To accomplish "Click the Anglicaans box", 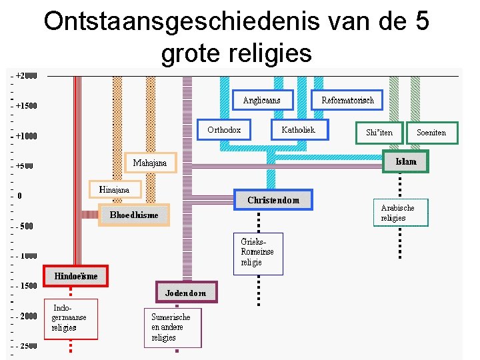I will click(x=261, y=101).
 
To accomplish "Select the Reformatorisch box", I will click(x=347, y=101).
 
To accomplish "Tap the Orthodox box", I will click(x=224, y=130).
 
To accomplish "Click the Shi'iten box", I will click(x=379, y=133).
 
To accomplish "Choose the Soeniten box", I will click(x=431, y=133).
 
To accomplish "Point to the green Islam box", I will click(x=405, y=162).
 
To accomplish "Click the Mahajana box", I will click(x=150, y=163).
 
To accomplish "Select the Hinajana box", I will click(x=115, y=190).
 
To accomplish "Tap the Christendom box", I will click(x=273, y=200).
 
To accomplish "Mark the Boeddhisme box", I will click(x=134, y=215).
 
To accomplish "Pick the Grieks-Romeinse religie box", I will click(x=258, y=253).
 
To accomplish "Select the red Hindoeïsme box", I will click(x=75, y=276).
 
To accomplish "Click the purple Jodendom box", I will click(x=186, y=293).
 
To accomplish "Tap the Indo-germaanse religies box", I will click(x=70, y=318).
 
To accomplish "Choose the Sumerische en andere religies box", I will click(x=172, y=327).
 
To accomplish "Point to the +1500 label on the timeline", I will click(x=26, y=106).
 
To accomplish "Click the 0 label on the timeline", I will click(x=20, y=196).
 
